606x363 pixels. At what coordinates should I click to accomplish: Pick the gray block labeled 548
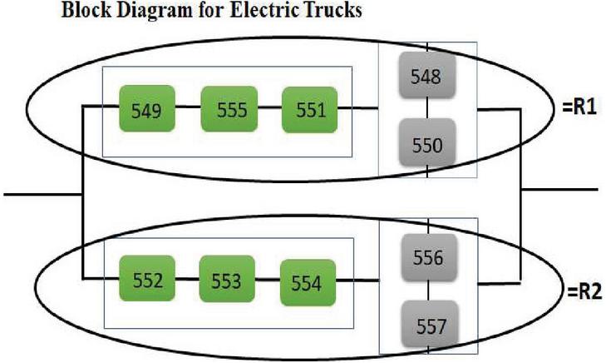[x=426, y=77]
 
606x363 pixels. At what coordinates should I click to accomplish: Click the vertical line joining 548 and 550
[x=426, y=109]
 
